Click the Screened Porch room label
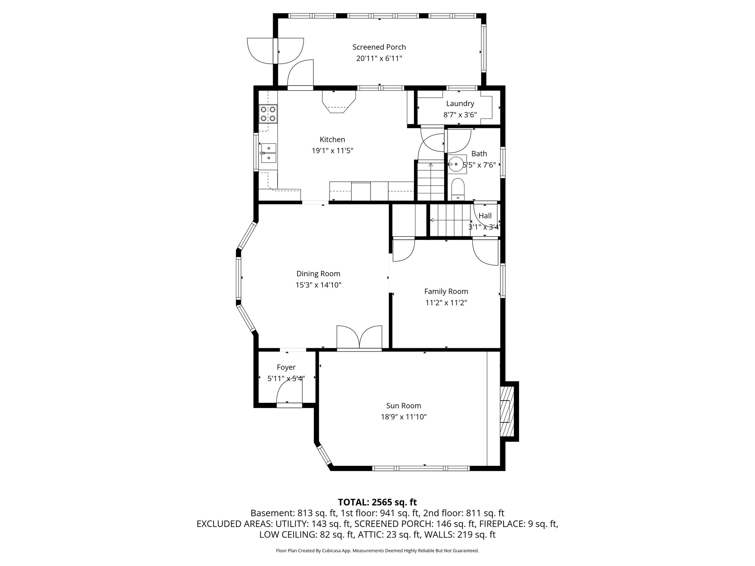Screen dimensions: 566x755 pyautogui.click(x=379, y=47)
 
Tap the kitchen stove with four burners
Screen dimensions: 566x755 pyautogui.click(x=268, y=114)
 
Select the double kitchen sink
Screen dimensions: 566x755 pyautogui.click(x=269, y=153)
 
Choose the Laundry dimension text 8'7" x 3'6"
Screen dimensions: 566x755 pyautogui.click(x=460, y=115)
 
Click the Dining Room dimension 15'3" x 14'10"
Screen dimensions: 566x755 pyautogui.click(x=318, y=285)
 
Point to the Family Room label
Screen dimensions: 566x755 pyautogui.click(x=446, y=291)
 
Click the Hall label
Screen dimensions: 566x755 pyautogui.click(x=485, y=216)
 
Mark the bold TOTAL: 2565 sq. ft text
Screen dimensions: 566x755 pyautogui.click(x=377, y=502)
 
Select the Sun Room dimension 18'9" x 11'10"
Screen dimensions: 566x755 pyautogui.click(x=404, y=417)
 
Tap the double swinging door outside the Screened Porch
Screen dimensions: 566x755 pyautogui.click(x=276, y=51)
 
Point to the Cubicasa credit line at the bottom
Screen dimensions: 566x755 pyautogui.click(x=377, y=551)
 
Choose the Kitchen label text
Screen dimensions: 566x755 pyautogui.click(x=332, y=139)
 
